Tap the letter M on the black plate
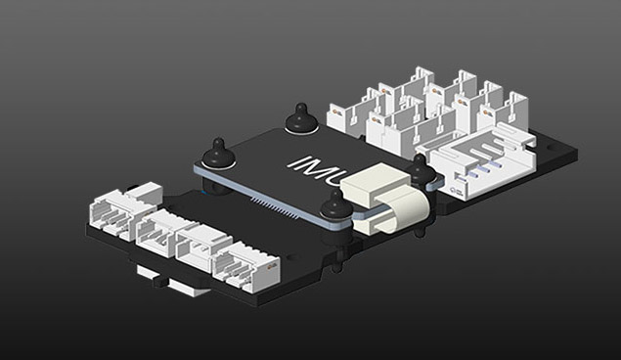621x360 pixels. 312,168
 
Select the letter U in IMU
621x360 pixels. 335,176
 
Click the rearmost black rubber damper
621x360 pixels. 301,116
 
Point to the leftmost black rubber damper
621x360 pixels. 218,153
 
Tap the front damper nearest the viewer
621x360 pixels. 336,203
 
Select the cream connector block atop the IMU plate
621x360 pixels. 376,184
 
